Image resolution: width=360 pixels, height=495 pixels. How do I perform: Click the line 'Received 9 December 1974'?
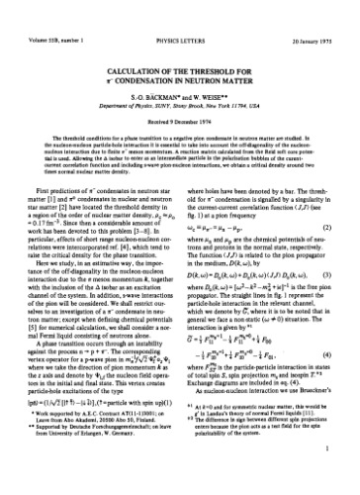pos(179,99)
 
